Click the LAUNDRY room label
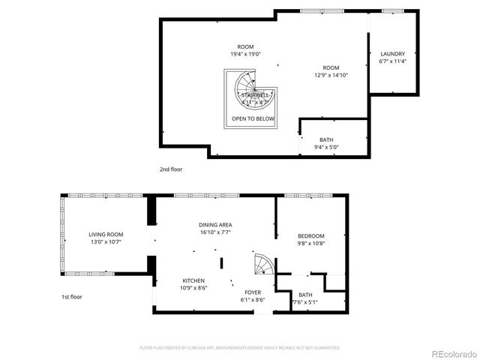tap(392, 54)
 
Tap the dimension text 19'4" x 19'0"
tap(245, 54)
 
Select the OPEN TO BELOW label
tap(253, 118)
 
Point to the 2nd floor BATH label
tap(326, 139)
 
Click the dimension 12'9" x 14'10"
tap(331, 74)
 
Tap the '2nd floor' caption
tap(171, 169)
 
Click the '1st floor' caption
tap(72, 297)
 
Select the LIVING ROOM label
tap(106, 234)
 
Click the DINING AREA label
tap(214, 224)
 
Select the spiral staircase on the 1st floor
tap(263, 265)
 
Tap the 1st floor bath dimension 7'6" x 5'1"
tap(305, 302)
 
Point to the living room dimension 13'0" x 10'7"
tap(106, 241)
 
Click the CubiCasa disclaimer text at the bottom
tap(240, 347)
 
